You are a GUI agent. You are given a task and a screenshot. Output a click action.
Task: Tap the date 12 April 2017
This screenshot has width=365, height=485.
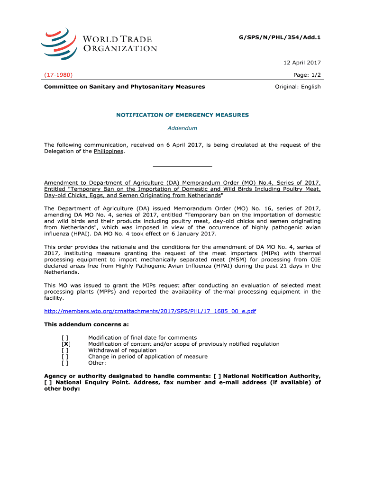click(x=303, y=63)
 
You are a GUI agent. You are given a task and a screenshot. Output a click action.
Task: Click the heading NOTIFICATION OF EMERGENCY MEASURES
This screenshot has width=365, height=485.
click(x=182, y=115)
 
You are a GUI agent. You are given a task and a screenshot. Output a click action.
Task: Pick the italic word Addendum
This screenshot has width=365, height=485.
click(x=182, y=128)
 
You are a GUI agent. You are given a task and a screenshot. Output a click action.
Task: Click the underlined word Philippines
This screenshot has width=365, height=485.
click(x=109, y=151)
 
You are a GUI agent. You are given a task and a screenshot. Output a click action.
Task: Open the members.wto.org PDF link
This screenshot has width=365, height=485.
click(x=150, y=311)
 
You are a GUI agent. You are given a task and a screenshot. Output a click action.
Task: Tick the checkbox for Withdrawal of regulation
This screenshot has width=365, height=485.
click(x=65, y=350)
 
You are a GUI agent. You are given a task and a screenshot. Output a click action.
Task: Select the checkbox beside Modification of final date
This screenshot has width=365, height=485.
click(x=65, y=338)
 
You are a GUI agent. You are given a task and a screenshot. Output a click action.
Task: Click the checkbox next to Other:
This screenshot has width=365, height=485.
click(x=65, y=363)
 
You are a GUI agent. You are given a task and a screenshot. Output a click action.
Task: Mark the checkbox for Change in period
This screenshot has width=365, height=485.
click(x=65, y=357)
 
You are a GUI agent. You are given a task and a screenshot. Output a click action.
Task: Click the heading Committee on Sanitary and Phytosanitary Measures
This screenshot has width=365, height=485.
click(x=125, y=87)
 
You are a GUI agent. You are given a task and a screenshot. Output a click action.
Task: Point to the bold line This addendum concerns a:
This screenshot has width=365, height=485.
click(x=80, y=324)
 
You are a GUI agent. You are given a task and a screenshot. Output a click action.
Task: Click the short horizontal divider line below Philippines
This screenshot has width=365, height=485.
click(x=182, y=166)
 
